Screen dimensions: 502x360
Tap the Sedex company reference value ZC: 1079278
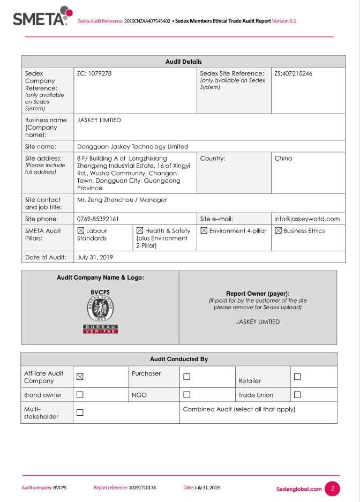click(x=94, y=73)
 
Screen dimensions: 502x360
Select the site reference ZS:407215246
click(x=294, y=73)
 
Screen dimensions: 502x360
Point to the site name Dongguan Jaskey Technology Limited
click(x=133, y=146)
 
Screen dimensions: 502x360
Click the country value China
click(x=283, y=159)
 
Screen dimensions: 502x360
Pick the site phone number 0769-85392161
click(x=98, y=219)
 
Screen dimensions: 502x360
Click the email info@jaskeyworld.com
click(x=307, y=219)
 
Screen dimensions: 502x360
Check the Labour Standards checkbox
click(x=81, y=231)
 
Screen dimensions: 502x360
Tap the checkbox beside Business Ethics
click(x=279, y=231)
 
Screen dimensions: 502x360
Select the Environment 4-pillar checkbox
click(x=204, y=231)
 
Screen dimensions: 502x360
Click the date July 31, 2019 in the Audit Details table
click(x=95, y=257)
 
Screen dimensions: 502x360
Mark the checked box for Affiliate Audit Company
click(x=80, y=377)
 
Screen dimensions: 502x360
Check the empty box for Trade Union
click(x=297, y=395)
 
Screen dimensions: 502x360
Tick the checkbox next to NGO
click(x=187, y=395)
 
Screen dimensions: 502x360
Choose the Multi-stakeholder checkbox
click(x=80, y=413)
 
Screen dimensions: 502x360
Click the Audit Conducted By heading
click(x=179, y=359)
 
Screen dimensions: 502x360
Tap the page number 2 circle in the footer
click(x=332, y=489)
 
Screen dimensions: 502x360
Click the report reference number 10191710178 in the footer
click(x=142, y=488)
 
